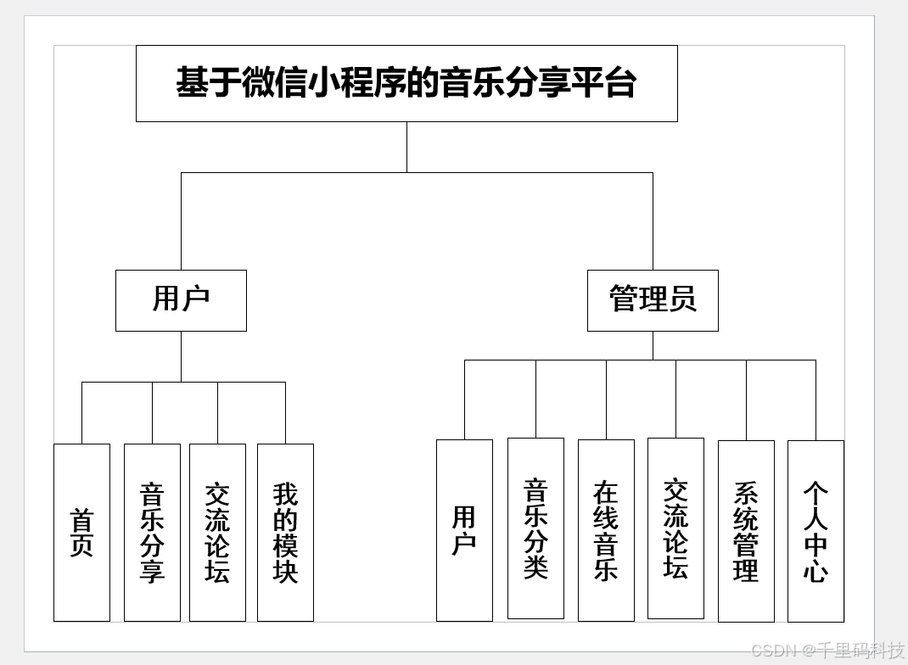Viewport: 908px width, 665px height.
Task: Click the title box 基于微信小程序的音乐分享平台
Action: pyautogui.click(x=406, y=83)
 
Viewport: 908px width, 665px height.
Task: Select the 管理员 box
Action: pyautogui.click(x=653, y=300)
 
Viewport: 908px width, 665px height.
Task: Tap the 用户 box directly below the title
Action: pyautogui.click(x=181, y=300)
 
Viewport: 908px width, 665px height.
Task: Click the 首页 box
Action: pyautogui.click(x=81, y=533)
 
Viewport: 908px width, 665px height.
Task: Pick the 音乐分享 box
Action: pyautogui.click(x=152, y=533)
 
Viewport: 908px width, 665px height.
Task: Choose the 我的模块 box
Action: pyautogui.click(x=285, y=533)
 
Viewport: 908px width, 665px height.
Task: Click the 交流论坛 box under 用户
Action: pyautogui.click(x=217, y=533)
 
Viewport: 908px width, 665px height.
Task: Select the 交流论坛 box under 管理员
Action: pyautogui.click(x=675, y=528)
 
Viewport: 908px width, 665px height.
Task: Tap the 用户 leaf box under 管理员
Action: pyautogui.click(x=464, y=530)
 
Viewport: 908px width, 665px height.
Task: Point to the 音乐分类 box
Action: pyautogui.click(x=535, y=528)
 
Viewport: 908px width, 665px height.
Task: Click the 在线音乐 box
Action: pyautogui.click(x=606, y=530)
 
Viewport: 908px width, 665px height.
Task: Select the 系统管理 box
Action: pyautogui.click(x=746, y=531)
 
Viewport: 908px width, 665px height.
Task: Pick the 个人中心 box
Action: pyautogui.click(x=816, y=531)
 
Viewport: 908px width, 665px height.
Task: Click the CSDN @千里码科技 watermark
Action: pyautogui.click(x=827, y=651)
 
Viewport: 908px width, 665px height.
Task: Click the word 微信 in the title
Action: pyautogui.click(x=274, y=83)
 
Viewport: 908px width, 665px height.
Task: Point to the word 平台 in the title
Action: pyautogui.click(x=603, y=83)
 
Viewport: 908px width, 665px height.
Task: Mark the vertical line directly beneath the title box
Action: pyautogui.click(x=406, y=147)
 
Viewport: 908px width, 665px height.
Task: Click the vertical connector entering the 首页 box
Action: pyautogui.click(x=81, y=413)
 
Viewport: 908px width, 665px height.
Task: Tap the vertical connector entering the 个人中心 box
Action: pyautogui.click(x=816, y=400)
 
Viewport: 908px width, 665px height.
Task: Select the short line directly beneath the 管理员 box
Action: pyautogui.click(x=653, y=345)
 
